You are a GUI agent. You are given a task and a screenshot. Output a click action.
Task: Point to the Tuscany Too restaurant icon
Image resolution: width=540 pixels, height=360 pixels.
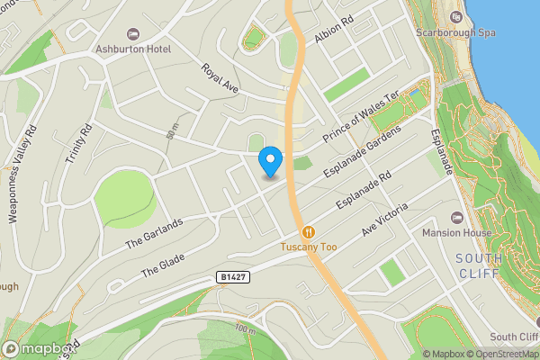(x=309, y=231)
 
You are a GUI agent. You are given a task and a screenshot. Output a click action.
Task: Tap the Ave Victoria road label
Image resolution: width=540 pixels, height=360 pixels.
(x=385, y=219)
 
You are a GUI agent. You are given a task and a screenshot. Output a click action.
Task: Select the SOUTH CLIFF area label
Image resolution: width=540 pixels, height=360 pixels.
(x=480, y=265)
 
